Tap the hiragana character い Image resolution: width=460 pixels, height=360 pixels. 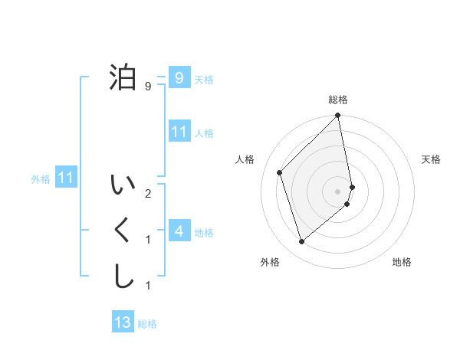pos(123,185)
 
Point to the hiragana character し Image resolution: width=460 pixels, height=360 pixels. pos(123,276)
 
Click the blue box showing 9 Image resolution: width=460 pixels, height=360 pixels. pos(179,77)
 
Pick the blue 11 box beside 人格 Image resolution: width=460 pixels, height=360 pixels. pos(179,132)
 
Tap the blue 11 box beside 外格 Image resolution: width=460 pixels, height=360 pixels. pos(66,178)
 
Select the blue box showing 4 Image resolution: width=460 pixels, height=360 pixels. pos(179,231)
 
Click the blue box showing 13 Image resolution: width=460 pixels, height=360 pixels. pos(123,322)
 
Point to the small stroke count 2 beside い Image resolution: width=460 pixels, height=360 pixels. pos(147,194)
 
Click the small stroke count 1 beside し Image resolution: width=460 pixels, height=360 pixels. pos(147,286)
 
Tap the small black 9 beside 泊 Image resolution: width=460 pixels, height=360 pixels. pos(147,87)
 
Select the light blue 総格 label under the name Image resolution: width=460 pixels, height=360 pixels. pos(147,324)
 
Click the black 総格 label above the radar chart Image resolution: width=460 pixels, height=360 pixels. pos(338,100)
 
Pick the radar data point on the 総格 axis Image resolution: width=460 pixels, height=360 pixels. pos(338,116)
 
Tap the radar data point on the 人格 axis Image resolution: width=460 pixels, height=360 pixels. pos(280,172)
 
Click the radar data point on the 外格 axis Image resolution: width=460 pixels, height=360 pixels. pos(302,242)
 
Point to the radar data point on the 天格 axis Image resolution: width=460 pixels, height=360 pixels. pos(353,186)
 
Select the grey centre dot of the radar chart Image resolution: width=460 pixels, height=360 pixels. pos(338,191)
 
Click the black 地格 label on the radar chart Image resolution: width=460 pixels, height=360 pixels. pos(402,262)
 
